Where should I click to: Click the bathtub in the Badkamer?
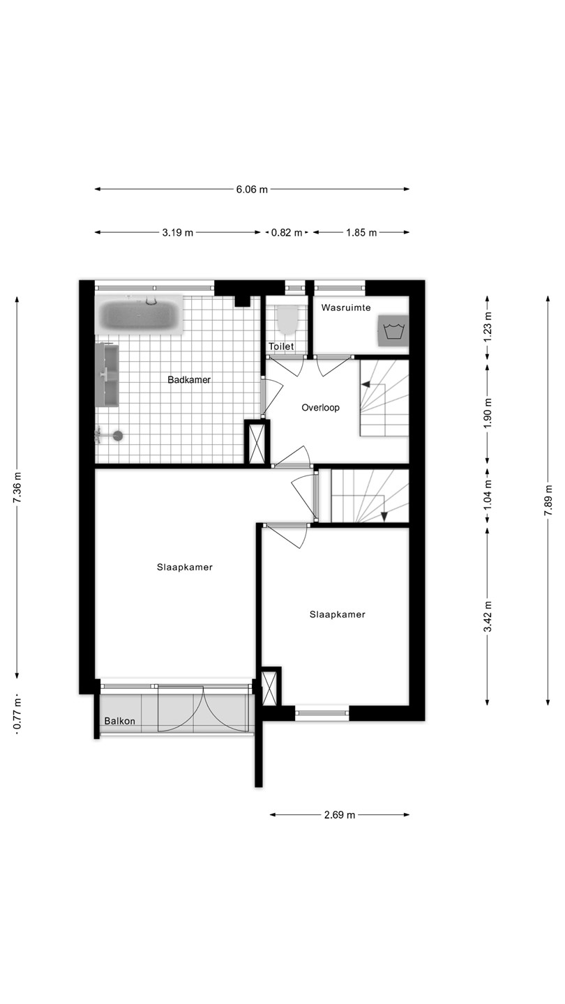[139, 314]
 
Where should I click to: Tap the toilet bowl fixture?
[287, 319]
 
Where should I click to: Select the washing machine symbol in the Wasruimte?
[393, 330]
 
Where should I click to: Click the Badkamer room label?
[189, 379]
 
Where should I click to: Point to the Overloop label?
[320, 407]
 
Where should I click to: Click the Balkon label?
[120, 721]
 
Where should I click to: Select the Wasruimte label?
[346, 307]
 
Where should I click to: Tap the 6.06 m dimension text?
[252, 189]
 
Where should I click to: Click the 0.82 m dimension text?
[287, 232]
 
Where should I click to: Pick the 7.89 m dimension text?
[548, 500]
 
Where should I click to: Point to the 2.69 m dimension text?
[340, 815]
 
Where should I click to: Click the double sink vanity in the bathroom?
[107, 375]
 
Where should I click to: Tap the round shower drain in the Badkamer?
[118, 435]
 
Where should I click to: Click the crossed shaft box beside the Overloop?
[257, 443]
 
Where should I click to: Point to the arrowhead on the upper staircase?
[366, 384]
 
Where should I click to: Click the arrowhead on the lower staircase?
[384, 517]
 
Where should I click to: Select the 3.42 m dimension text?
[488, 617]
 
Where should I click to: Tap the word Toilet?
[281, 346]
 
